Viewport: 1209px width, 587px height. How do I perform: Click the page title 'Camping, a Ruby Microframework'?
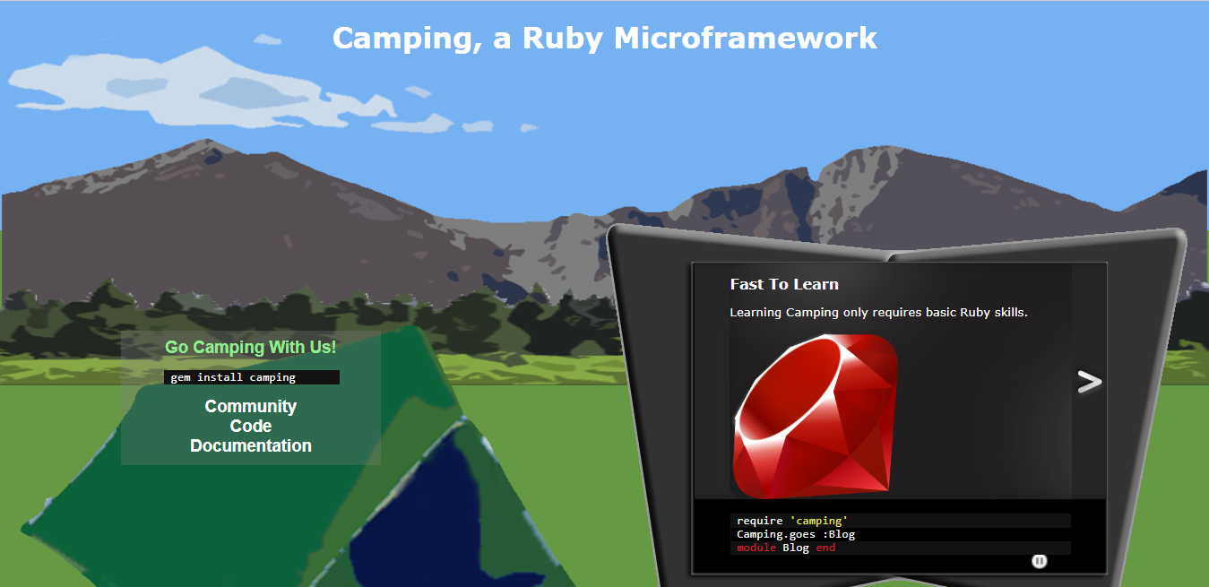click(604, 38)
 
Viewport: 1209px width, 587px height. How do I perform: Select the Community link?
click(251, 406)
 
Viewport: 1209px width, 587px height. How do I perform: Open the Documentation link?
click(251, 445)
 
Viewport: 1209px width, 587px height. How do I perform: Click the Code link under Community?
click(251, 426)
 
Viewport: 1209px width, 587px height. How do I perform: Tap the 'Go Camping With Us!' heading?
click(251, 347)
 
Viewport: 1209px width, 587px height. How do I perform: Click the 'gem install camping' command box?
click(251, 377)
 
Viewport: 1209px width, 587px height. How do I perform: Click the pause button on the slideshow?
click(1039, 561)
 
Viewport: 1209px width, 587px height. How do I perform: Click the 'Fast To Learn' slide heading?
click(784, 284)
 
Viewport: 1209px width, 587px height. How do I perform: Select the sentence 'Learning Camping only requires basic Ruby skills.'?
click(878, 313)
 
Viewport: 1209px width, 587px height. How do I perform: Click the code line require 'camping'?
click(792, 521)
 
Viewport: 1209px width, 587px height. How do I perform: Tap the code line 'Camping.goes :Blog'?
click(796, 534)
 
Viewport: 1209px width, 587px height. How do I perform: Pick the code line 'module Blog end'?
click(786, 548)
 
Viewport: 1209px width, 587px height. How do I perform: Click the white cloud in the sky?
click(224, 90)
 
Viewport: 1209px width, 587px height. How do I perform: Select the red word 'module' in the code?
click(756, 548)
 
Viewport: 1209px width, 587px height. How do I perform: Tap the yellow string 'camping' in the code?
click(818, 521)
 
